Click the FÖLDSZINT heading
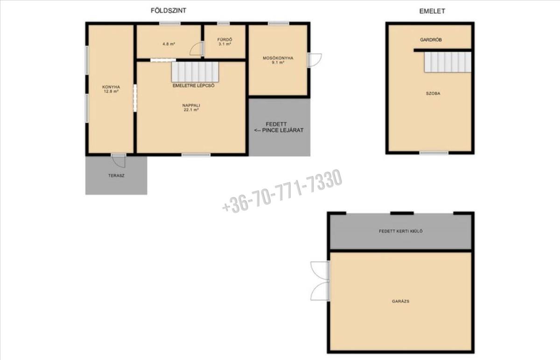pos(168,11)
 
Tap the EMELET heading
pos(432,11)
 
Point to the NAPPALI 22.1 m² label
pos(191,107)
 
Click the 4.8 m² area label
pos(169,44)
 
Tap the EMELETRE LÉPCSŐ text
pos(194,85)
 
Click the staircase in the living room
pos(195,72)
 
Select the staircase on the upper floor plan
pos(448,62)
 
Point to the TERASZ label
pos(116,176)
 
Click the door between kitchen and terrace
pos(119,160)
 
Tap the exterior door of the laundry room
pos(314,60)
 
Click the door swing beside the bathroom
pos(197,48)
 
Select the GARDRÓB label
pos(431,40)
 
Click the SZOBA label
pos(433,93)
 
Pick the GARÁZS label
pos(400,301)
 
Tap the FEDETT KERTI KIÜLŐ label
pos(401,231)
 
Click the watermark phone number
pos(282,191)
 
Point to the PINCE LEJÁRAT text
pos(282,130)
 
